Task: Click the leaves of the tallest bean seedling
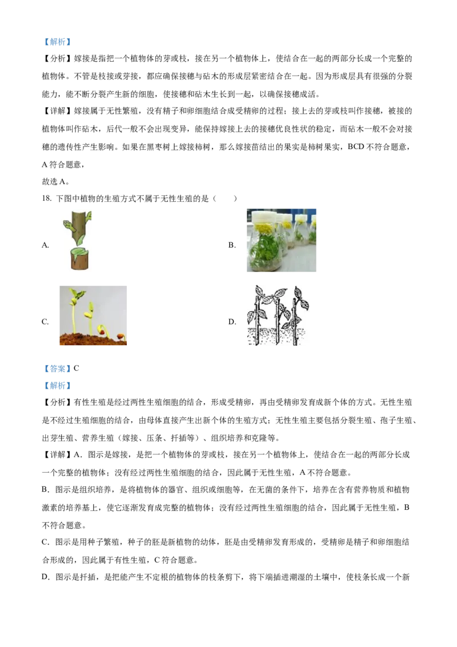point(76,294)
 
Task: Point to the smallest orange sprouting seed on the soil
point(120,337)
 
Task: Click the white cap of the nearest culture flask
point(264,217)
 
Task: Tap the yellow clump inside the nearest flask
point(264,229)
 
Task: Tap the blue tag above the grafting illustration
point(57,42)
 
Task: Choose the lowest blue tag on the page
point(57,386)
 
